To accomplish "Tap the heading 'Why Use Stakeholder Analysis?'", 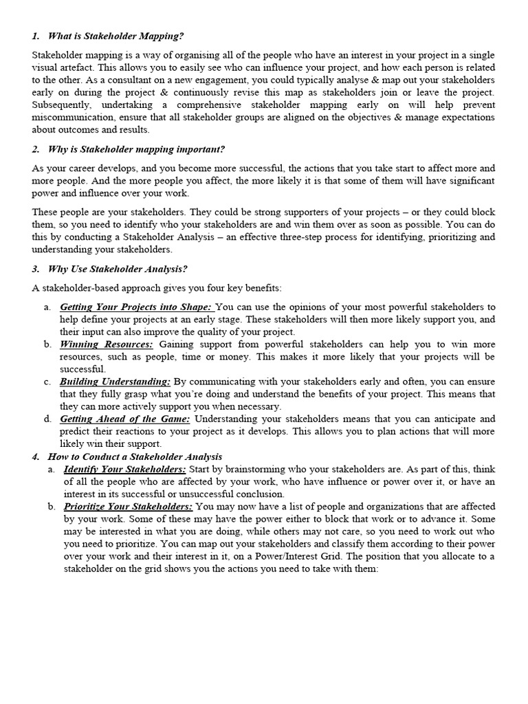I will pos(118,269).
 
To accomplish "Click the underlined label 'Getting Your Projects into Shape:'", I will pos(137,307).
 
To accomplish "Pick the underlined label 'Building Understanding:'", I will pos(115,382).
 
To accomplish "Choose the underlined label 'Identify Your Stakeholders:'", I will pos(124,469).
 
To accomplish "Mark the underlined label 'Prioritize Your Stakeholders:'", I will pos(128,506).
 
